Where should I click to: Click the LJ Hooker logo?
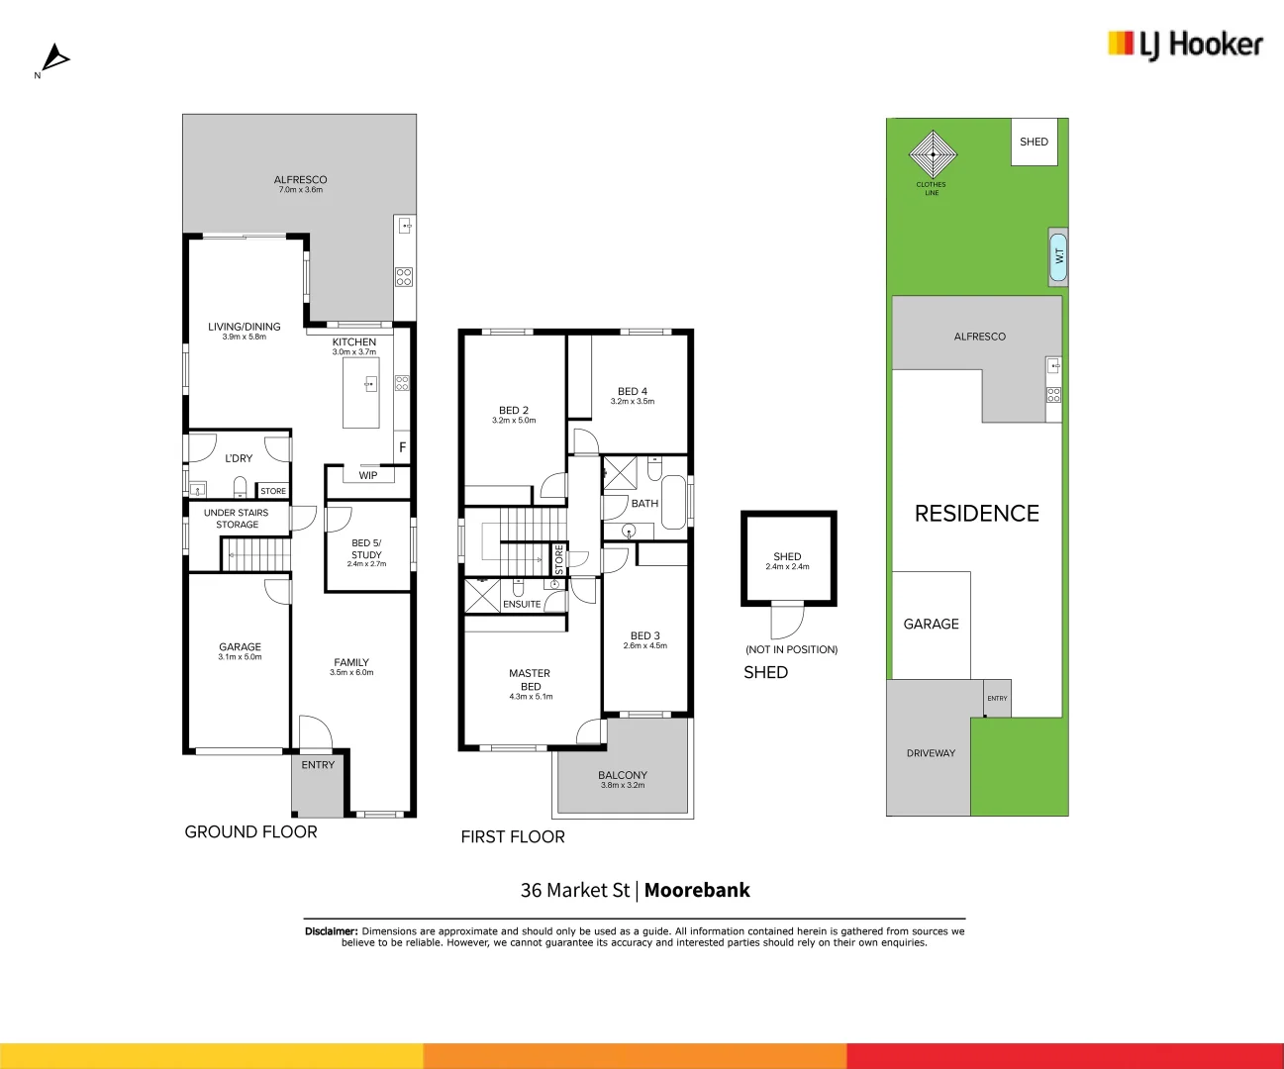pos(1185,45)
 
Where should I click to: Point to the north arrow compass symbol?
pos(55,58)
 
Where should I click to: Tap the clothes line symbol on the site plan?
pos(933,153)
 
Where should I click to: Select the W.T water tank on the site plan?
pos(1058,256)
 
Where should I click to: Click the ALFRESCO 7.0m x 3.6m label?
pos(300,184)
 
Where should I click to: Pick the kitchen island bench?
pos(361,392)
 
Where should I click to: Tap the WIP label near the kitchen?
pos(368,476)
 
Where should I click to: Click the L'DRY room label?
pos(239,458)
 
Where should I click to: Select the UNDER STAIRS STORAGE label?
pos(237,519)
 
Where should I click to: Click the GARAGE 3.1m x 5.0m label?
pos(240,650)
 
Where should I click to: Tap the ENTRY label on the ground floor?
pos(318,765)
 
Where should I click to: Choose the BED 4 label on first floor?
pos(632,395)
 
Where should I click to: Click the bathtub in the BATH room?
pos(673,503)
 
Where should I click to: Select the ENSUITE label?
pos(522,604)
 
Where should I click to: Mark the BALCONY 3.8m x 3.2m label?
pos(623,779)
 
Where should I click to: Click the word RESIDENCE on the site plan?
pos(976,514)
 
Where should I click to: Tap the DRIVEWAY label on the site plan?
pos(931,753)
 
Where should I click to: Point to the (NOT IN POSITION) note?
pos(791,649)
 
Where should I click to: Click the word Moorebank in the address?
pos(697,890)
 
